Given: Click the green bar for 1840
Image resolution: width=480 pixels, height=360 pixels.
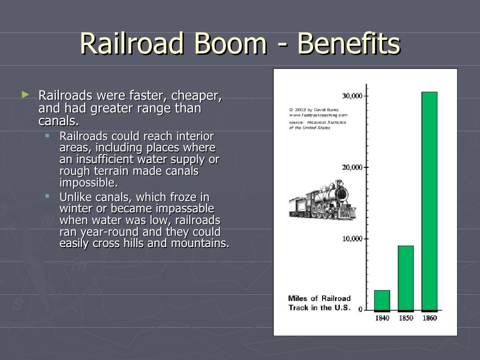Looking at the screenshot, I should click(382, 300).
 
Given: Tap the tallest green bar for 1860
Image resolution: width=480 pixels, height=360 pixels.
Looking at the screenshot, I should click(429, 201).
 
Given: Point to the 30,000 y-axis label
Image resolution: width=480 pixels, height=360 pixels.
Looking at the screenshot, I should click(352, 96).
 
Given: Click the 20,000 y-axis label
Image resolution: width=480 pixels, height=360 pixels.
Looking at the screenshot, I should click(352, 167).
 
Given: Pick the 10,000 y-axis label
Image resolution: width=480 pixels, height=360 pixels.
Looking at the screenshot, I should click(352, 239).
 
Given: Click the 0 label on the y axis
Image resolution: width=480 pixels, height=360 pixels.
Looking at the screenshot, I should click(360, 309).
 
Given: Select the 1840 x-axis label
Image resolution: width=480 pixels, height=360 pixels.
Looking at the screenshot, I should click(382, 318).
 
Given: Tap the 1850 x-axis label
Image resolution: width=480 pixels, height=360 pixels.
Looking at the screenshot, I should click(406, 318).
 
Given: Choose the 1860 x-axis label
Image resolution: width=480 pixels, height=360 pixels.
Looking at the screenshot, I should click(429, 318).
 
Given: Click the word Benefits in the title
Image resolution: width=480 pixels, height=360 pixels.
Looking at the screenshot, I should click(349, 44).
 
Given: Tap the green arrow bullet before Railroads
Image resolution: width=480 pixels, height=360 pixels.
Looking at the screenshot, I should click(25, 95).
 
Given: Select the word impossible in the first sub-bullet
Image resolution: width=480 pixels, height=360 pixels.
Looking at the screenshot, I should click(89, 182).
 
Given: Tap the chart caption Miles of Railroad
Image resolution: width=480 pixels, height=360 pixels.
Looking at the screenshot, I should click(319, 298).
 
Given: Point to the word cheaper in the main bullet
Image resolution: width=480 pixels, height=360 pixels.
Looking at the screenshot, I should click(196, 96).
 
